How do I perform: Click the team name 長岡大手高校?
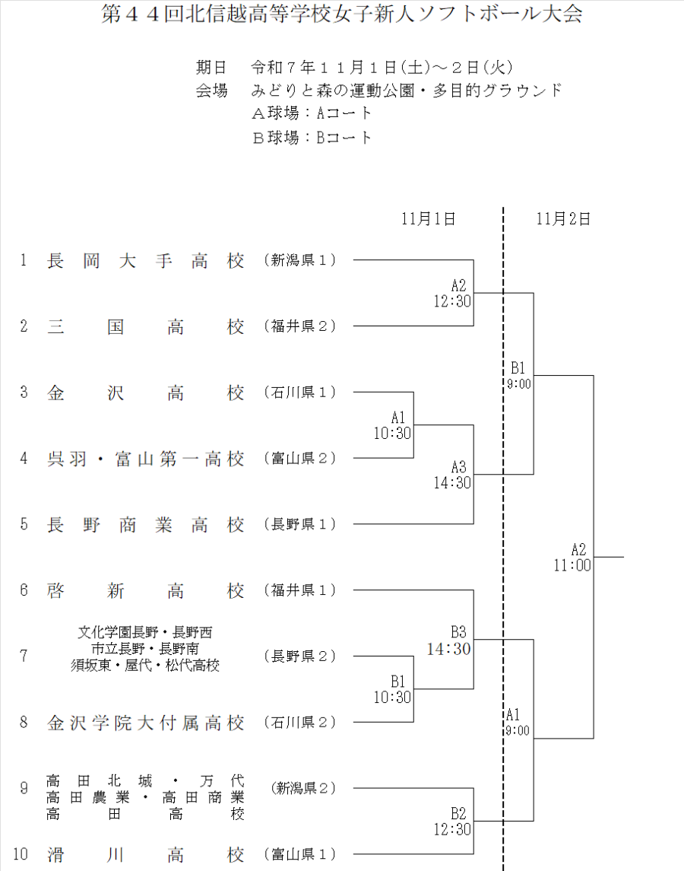146,261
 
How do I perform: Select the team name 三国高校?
146,326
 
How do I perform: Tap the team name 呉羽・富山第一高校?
146,459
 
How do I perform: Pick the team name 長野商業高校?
146,525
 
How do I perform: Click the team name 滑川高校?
146,854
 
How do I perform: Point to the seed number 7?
24,656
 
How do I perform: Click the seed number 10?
21,854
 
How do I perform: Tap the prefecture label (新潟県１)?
300,261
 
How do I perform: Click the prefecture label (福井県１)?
300,590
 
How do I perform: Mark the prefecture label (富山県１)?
300,854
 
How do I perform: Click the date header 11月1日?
429,219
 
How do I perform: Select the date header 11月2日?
563,219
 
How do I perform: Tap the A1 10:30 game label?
392,425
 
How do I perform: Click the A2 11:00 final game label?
573,557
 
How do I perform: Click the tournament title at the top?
342,14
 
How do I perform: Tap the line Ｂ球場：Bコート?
312,138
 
